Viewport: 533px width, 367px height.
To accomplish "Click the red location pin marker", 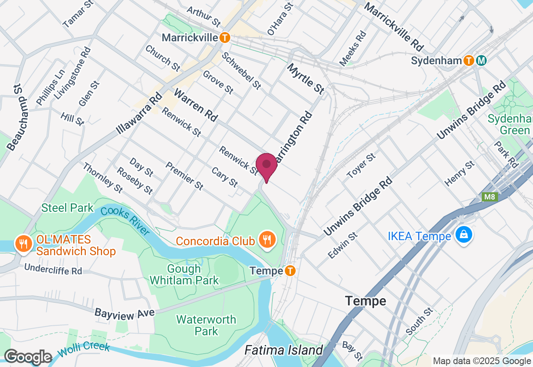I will (x=266, y=165).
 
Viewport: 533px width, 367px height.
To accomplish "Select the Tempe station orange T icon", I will (x=290, y=271).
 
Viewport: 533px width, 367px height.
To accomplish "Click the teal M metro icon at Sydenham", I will (x=481, y=60).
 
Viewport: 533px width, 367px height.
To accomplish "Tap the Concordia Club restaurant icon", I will (x=266, y=240).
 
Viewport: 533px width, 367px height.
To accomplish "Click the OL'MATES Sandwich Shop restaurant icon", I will (x=22, y=243).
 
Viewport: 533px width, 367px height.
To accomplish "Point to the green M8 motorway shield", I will (x=490, y=197).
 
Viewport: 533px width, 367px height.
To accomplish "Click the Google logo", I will (x=28, y=357).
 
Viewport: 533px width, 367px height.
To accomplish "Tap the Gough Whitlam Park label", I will (x=184, y=274).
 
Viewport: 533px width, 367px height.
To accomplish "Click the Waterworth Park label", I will (x=206, y=325).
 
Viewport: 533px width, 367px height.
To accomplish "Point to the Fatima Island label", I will (x=284, y=350).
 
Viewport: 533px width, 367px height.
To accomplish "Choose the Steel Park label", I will (x=67, y=208).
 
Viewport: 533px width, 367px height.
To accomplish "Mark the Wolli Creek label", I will (x=84, y=349).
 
